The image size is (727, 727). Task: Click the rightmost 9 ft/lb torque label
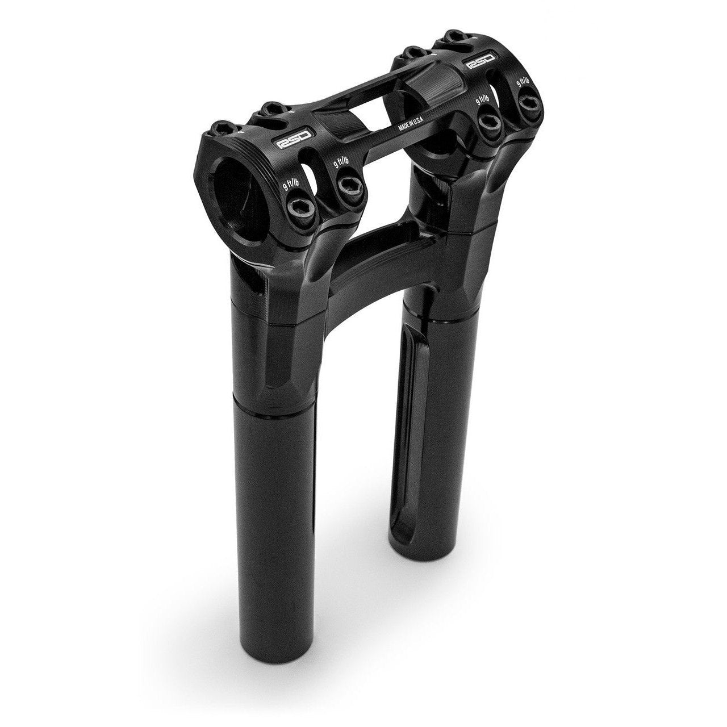523,81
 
